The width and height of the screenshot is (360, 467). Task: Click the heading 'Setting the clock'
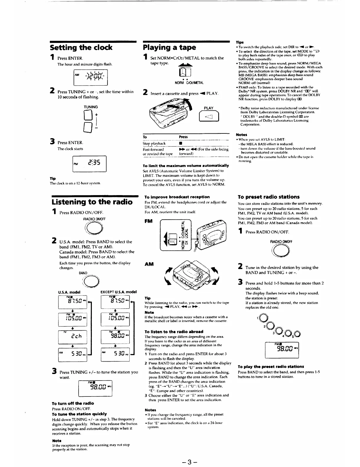click(81, 48)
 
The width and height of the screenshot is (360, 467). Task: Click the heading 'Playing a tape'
click(169, 48)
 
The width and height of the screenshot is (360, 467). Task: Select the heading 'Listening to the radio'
click(92, 202)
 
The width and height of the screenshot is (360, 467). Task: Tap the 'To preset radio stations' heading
click(268, 197)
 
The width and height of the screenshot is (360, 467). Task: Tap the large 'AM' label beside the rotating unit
click(149, 264)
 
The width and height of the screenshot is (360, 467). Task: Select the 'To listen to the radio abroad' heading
click(174, 332)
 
